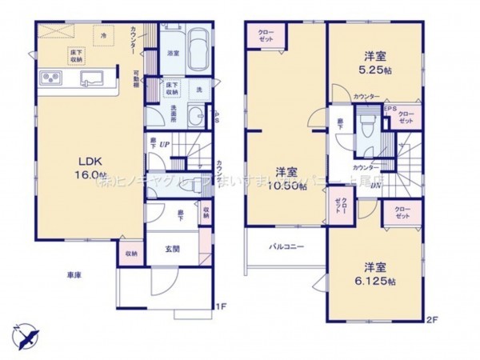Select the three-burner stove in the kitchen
click(x=51, y=78)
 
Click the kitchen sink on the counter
click(x=90, y=78)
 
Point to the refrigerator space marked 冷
click(x=104, y=36)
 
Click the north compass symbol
click(x=25, y=334)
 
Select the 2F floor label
click(x=433, y=321)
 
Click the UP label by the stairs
click(x=165, y=145)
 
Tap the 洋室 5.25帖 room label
click(x=374, y=62)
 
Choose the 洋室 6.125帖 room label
click(x=374, y=273)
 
